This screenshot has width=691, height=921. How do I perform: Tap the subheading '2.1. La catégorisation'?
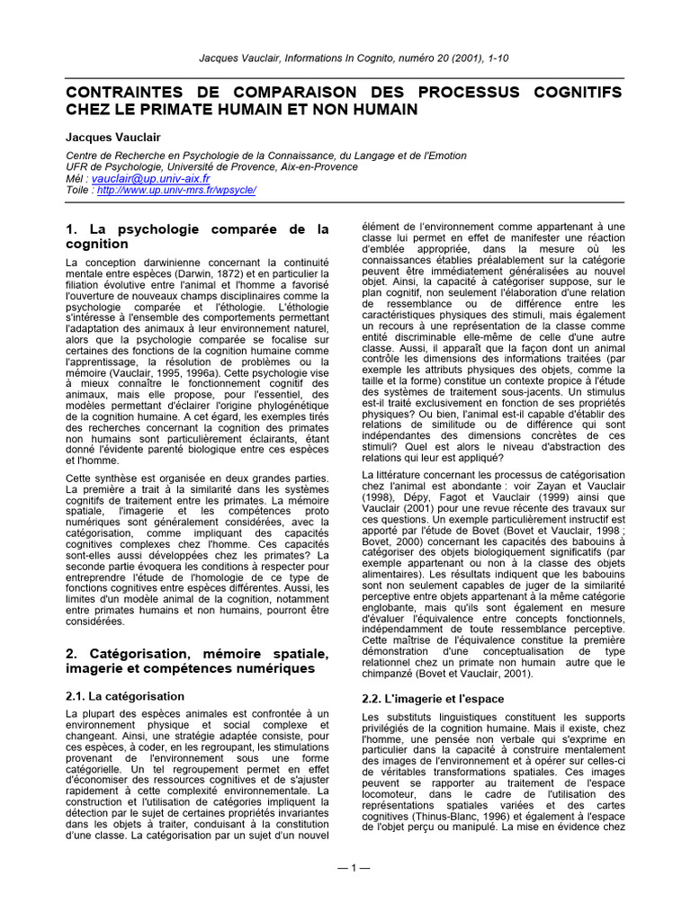[125, 696]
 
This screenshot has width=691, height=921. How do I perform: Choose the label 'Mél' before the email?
[76, 179]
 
